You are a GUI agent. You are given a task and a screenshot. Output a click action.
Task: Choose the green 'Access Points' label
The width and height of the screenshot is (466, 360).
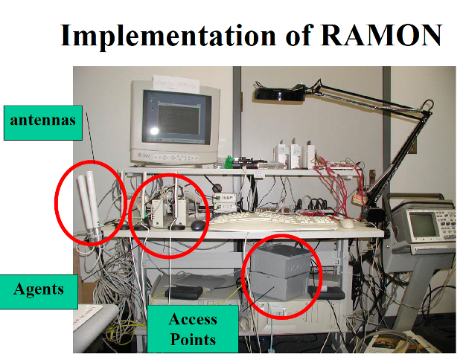point(193,329)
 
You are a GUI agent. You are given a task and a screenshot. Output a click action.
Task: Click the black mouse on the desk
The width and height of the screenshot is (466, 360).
point(197,225)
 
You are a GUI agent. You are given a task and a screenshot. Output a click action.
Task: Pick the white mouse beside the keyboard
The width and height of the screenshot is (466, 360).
point(347,223)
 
